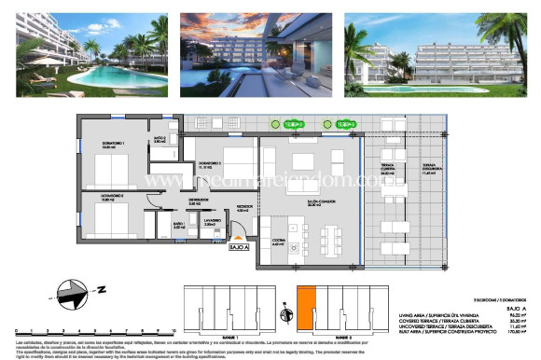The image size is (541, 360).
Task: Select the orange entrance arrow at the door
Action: (x=242, y=238)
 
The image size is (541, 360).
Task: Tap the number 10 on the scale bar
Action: (x=173, y=328)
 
